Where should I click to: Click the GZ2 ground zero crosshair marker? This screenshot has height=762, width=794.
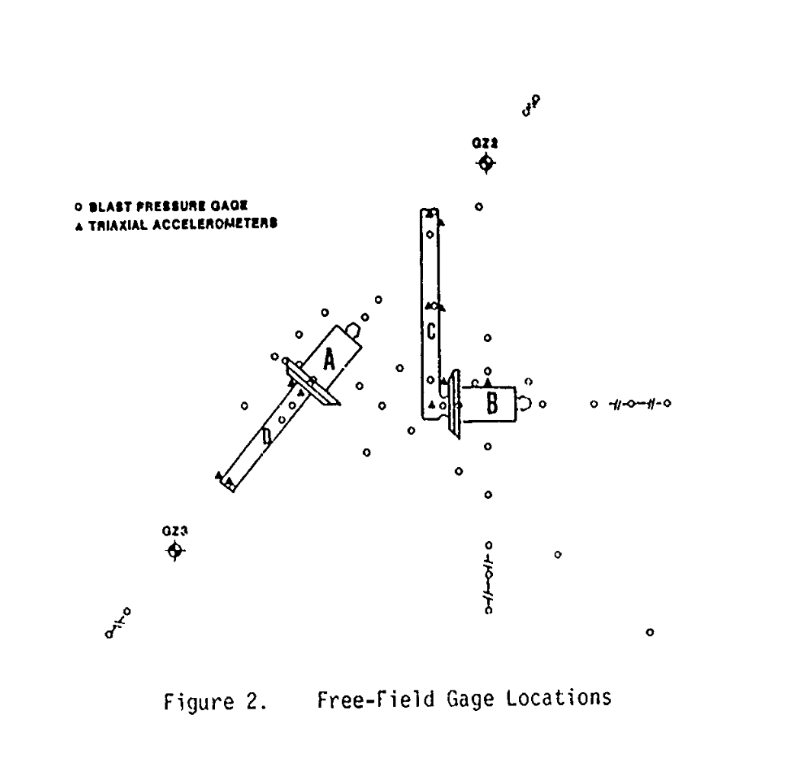(x=485, y=164)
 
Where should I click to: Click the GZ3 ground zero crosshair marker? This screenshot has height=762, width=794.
(x=175, y=550)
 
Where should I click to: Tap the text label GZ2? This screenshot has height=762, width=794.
(x=485, y=142)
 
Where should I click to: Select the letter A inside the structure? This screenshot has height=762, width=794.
(x=329, y=357)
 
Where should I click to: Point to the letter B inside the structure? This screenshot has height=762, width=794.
(x=491, y=404)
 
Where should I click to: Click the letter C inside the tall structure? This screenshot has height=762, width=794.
(x=431, y=331)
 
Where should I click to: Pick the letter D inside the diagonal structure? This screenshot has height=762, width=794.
(x=267, y=437)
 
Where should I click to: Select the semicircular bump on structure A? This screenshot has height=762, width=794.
(x=352, y=330)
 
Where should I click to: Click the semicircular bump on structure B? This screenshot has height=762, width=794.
(x=525, y=404)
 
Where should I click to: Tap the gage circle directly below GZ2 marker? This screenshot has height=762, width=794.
(x=479, y=207)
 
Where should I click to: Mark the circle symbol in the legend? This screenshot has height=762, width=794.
(x=80, y=206)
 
